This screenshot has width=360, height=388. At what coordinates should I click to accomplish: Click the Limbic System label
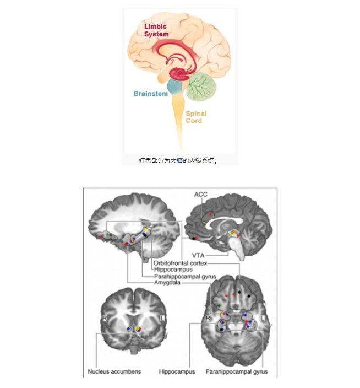tap(156, 30)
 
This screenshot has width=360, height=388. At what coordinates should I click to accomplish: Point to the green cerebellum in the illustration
tap(200, 85)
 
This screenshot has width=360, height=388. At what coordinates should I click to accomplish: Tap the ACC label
tap(200, 195)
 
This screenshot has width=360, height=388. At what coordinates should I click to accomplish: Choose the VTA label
tap(199, 255)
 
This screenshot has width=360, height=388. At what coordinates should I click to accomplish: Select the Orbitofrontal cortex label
tap(179, 263)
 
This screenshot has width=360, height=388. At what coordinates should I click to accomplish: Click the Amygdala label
tap(167, 283)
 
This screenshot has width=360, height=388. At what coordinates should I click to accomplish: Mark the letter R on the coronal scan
tap(102, 319)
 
